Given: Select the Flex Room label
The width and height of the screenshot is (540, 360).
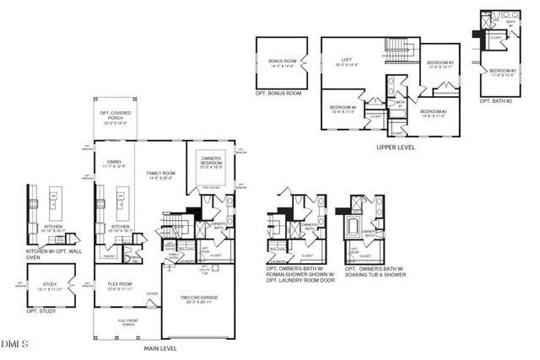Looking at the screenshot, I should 120,285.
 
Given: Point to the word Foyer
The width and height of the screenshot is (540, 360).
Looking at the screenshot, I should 152,293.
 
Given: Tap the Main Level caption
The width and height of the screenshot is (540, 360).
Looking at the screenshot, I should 160,347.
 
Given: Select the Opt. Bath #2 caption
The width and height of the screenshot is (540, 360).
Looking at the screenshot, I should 495,100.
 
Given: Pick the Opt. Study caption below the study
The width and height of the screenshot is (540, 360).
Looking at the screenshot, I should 45,311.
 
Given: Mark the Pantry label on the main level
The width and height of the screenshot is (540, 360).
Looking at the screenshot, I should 108,255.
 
